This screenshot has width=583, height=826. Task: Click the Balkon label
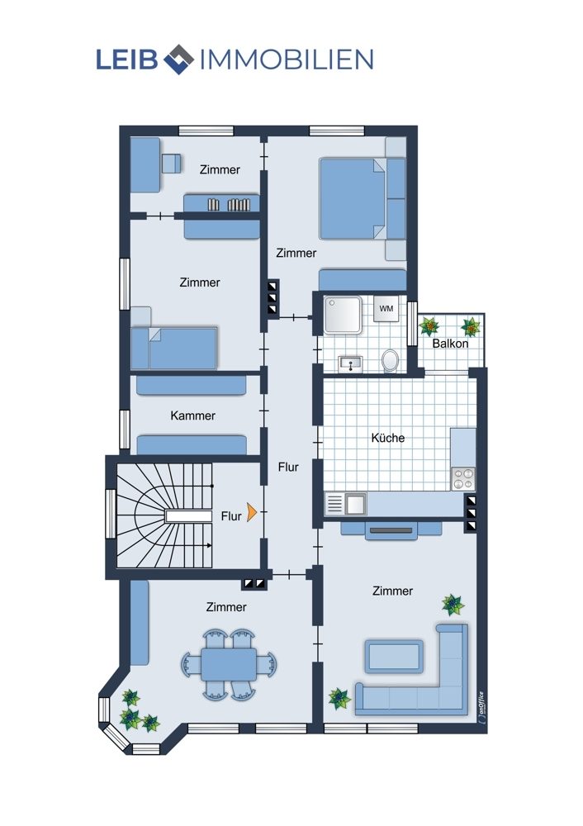pos(450,344)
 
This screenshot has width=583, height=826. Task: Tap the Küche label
pos(387,438)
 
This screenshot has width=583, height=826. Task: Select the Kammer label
pos(192,415)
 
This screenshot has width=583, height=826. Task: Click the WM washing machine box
pos(386,308)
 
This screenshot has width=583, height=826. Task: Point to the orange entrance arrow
pos(251,511)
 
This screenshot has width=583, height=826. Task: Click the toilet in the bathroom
pos(390,361)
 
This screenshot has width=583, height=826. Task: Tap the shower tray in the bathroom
pos(343,315)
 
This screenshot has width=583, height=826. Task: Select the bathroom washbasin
pos(349,363)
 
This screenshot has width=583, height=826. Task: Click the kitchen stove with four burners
pos(463,479)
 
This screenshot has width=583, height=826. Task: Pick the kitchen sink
pos(345,504)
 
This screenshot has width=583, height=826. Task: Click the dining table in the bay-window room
pos(229,665)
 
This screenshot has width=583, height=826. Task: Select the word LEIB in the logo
pos(127,59)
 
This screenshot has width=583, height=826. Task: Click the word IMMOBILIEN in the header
pos(287,59)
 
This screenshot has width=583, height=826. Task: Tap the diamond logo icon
pos(179,59)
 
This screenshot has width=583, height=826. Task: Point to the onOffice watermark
pos(481,709)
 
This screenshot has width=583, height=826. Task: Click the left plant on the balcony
pos(429,326)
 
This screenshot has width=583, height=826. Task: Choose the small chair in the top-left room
pos(171,164)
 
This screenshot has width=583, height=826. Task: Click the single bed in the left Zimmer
pos(173,349)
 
